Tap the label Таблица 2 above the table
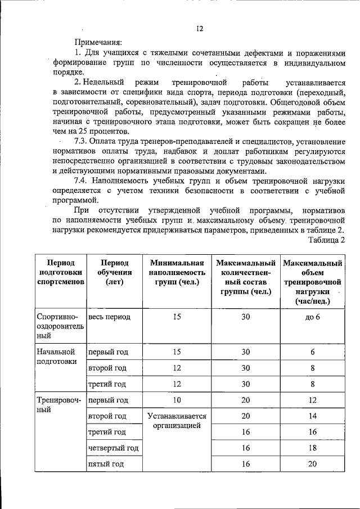pyautogui.click(x=326, y=240)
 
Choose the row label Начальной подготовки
pyautogui.click(x=56, y=357)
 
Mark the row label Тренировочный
pyautogui.click(x=58, y=404)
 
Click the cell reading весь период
pyautogui.click(x=110, y=317)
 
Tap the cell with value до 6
pyautogui.click(x=313, y=317)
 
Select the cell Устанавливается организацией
pyautogui.click(x=177, y=421)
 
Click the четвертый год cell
pyautogui.click(x=113, y=448)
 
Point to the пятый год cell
pyautogui.click(x=106, y=464)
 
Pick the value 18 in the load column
pyautogui.click(x=313, y=448)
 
